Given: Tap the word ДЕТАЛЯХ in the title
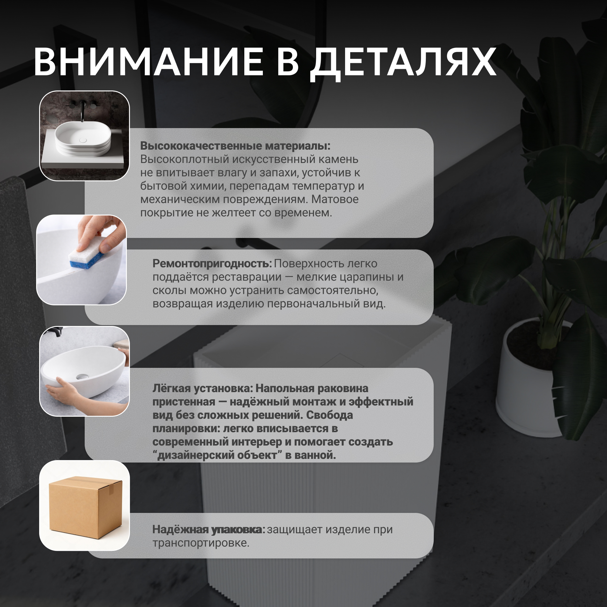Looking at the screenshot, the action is coord(403,64).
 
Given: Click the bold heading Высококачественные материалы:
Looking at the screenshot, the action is coord(235,146).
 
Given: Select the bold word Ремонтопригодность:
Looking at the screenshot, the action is coord(212,264).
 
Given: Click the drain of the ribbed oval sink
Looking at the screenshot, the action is coord(83,140).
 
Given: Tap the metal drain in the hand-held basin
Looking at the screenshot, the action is coord(81,376).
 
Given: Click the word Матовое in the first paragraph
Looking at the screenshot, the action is coord(335,199).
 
